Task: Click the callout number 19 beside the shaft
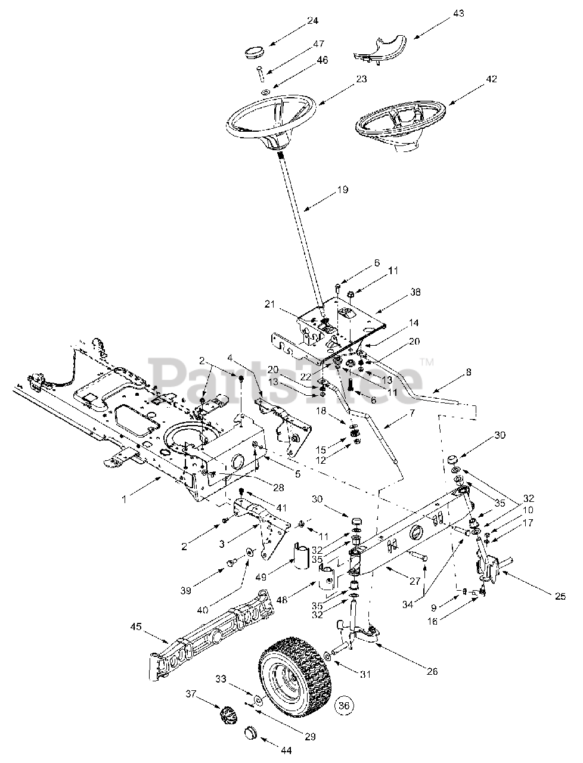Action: point(342,190)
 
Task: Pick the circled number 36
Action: point(343,705)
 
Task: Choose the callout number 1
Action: point(125,500)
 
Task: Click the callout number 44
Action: point(287,750)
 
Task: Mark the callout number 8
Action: point(469,372)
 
